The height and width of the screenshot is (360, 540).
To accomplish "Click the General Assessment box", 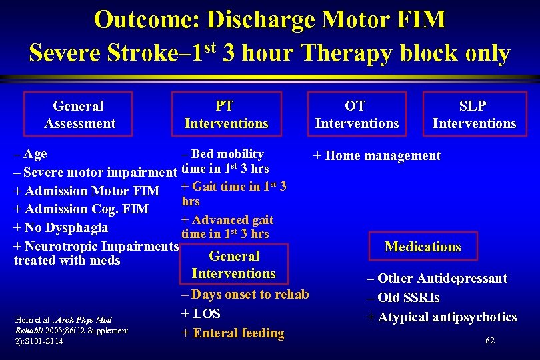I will point(79,115).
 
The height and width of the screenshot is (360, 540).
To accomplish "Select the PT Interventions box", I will point(226,115).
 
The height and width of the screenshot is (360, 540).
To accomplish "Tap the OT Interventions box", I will point(357,115).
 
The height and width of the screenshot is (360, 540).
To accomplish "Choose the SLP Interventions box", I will point(474,115).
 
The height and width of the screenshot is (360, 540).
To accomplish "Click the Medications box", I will point(423,247).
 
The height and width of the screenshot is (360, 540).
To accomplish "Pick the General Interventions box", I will point(233,265).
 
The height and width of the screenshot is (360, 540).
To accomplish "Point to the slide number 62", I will point(490,341).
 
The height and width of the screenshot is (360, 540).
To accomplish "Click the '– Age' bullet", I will point(30,154).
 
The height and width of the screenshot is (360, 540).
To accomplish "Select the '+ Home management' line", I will point(377,156).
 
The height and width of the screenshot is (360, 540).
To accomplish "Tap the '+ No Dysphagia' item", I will point(61,228).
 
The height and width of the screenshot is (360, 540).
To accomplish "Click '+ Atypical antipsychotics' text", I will point(442,317).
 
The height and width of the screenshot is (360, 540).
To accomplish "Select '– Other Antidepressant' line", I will point(437,279).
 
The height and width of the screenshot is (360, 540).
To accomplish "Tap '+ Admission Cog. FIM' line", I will point(81,209).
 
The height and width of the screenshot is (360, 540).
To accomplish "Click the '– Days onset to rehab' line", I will point(245,294).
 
